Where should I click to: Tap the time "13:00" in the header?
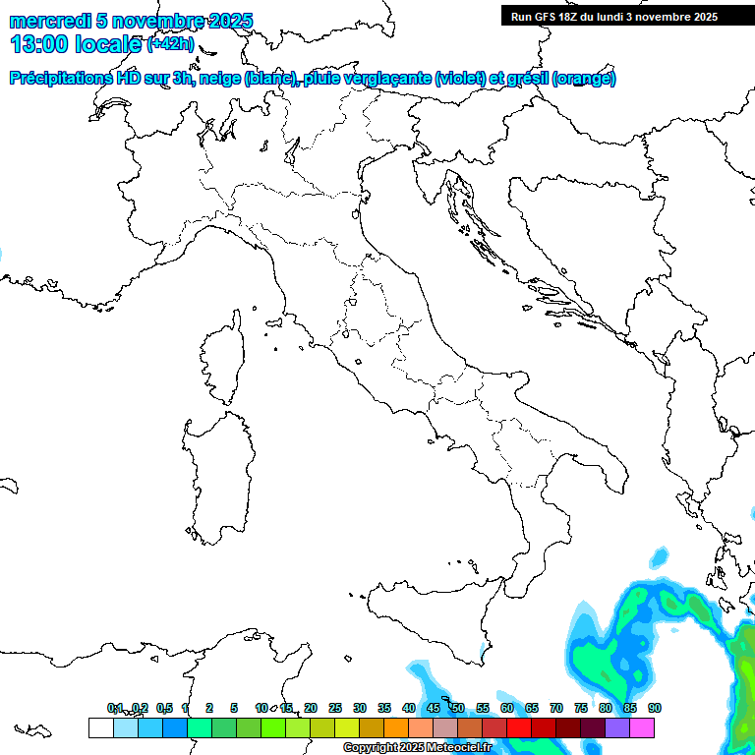pyautogui.click(x=40, y=44)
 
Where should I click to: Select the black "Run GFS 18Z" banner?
pyautogui.click(x=628, y=16)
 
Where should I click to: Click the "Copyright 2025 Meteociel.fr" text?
pyautogui.click(x=417, y=748)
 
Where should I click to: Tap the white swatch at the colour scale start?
pyautogui.click(x=100, y=727)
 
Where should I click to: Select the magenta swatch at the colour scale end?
pyautogui.click(x=642, y=727)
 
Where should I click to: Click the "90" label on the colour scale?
pyautogui.click(x=655, y=708)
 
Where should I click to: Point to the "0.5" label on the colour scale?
pyautogui.click(x=165, y=708)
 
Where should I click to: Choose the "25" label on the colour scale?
pyautogui.click(x=335, y=708)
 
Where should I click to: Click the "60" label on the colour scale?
pyautogui.click(x=507, y=708)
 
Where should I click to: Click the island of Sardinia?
pyautogui.click(x=218, y=472)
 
